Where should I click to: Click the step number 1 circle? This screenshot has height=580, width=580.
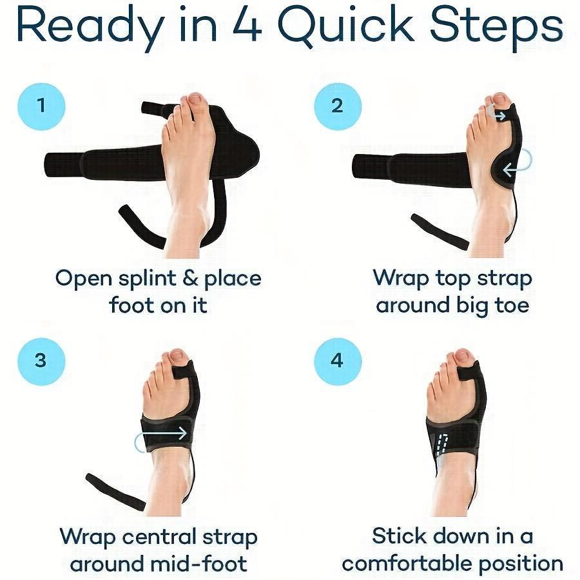(x=42, y=105)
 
